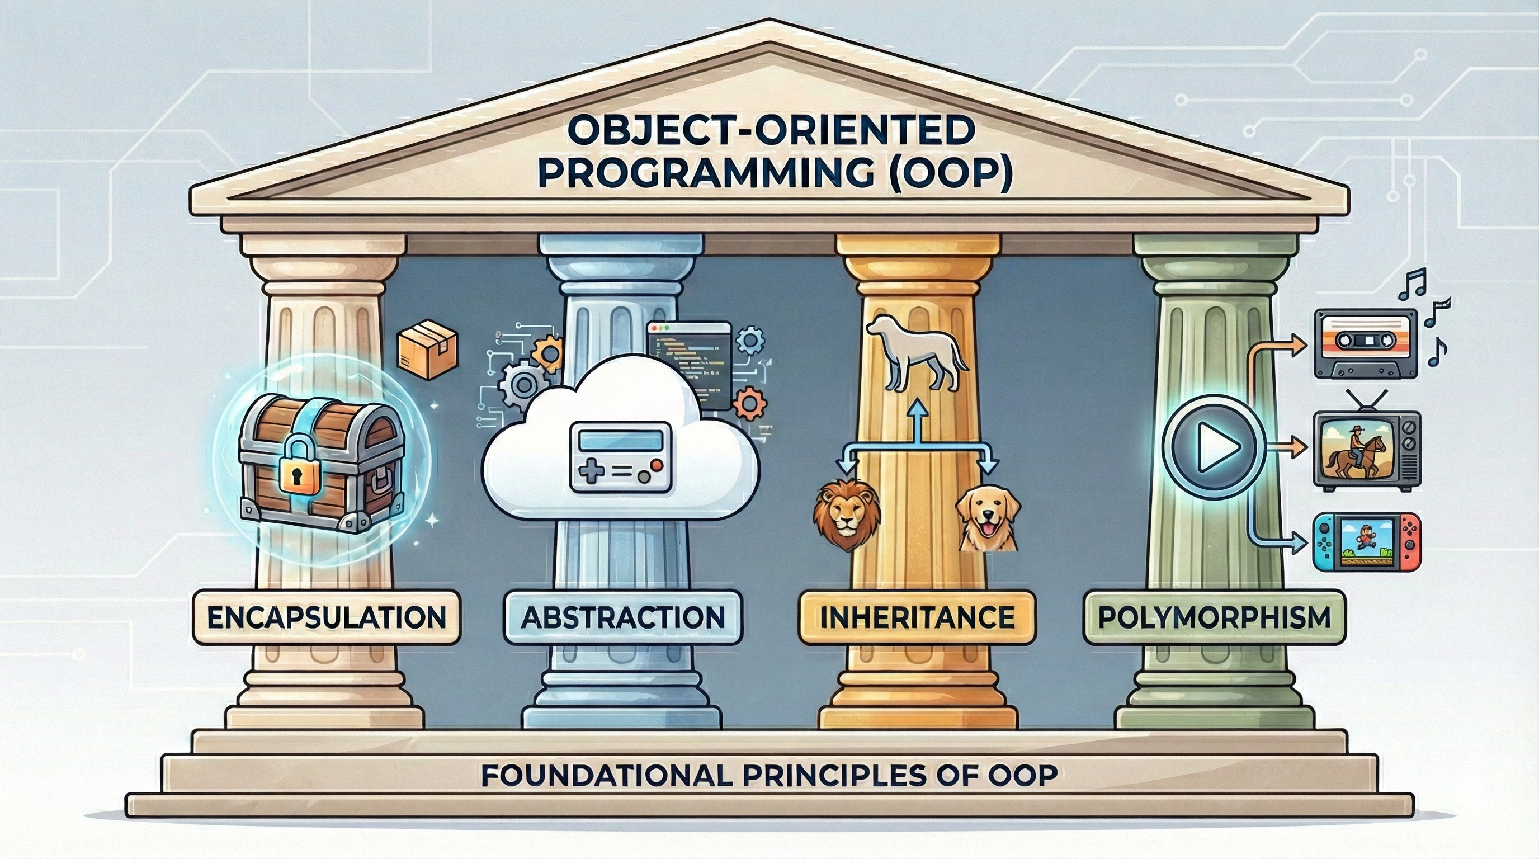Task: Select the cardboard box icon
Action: click(427, 350)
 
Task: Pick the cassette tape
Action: click(1366, 343)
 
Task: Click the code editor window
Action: click(690, 366)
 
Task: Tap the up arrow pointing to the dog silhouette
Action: click(918, 422)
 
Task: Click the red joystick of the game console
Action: click(1411, 544)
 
